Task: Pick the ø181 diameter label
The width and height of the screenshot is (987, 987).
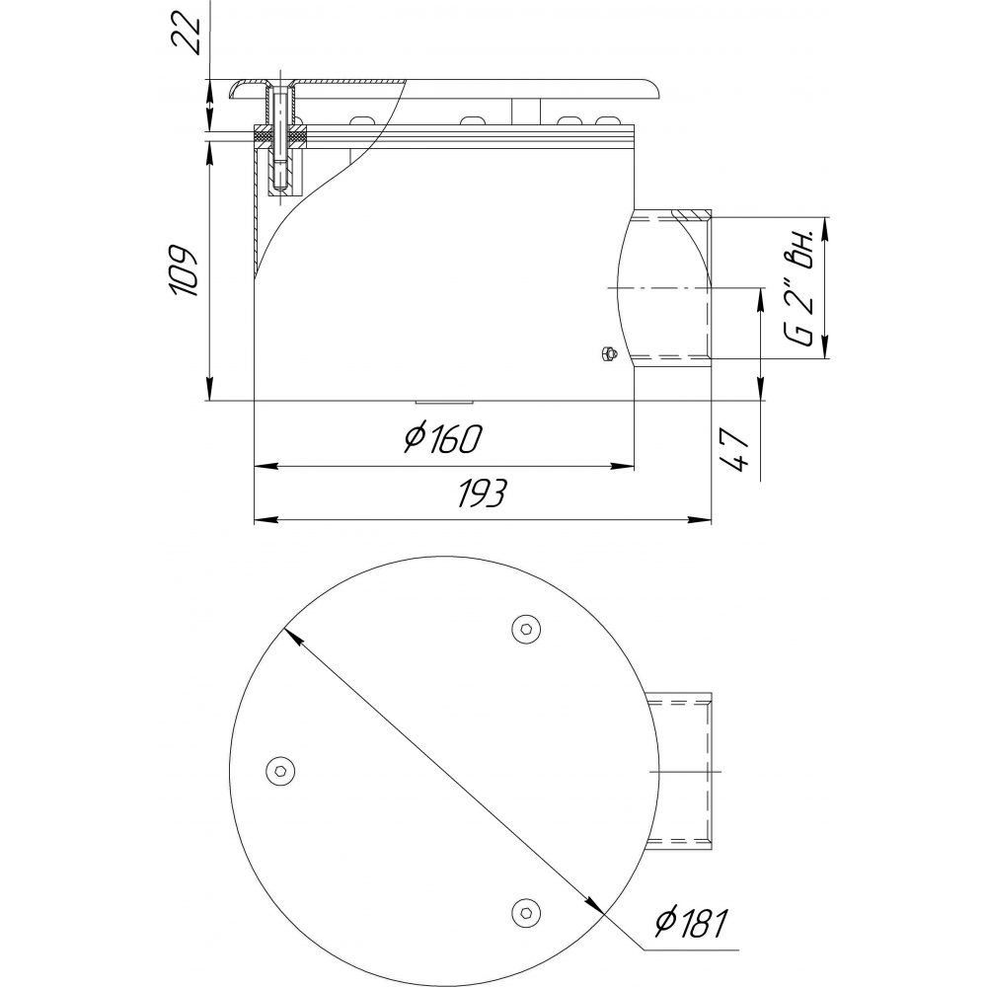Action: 691,922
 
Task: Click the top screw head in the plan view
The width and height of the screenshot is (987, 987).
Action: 527,629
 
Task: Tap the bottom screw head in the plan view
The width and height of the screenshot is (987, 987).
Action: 527,910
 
